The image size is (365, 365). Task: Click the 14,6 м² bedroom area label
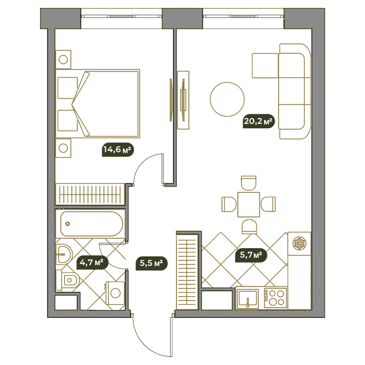pos(118,149)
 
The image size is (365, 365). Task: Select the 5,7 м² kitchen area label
pos(251,255)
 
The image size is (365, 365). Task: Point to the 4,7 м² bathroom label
pos(92,263)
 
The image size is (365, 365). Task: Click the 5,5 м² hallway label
pos(151,263)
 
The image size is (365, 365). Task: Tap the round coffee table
pos(227,99)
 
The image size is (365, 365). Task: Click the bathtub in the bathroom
pos(91,224)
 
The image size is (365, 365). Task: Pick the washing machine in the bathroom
pos(115,293)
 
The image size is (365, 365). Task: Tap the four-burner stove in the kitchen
pos(275,298)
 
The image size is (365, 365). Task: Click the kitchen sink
pos(247,298)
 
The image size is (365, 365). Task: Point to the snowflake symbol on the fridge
pos(299,244)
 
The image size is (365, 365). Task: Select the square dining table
pos(249,205)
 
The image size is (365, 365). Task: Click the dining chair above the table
pos(249,182)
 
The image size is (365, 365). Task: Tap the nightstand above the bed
pos(63,59)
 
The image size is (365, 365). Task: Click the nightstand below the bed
pos(63,148)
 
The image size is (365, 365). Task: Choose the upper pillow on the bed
pos(68,88)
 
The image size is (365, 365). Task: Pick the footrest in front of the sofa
pos(265,66)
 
